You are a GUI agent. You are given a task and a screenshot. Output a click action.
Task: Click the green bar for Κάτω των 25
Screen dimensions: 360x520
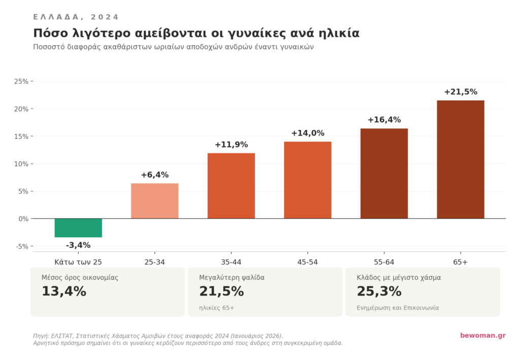click(x=78, y=228)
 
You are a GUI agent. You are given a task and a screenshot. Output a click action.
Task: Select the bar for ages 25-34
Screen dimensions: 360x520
click(x=155, y=201)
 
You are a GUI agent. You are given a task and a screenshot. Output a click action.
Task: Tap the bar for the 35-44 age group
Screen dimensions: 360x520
click(x=231, y=186)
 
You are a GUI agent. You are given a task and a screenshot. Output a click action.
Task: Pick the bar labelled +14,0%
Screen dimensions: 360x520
click(x=308, y=180)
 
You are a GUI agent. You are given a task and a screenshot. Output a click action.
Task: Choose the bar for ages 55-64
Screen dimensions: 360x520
click(x=384, y=173)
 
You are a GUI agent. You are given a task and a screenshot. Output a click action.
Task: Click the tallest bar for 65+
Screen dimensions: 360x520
click(x=461, y=159)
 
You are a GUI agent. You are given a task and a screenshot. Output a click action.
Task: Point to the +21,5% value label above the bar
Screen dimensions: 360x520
click(x=461, y=92)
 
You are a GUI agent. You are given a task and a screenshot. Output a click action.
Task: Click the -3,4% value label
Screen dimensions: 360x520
click(x=78, y=245)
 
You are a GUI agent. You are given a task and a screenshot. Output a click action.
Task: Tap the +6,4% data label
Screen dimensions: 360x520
click(x=155, y=175)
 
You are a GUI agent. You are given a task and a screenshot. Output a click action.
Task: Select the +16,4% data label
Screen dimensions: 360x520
click(x=384, y=120)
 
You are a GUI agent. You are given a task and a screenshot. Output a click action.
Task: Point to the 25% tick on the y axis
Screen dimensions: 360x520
click(x=22, y=81)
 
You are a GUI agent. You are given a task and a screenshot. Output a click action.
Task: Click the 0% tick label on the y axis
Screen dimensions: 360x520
click(x=23, y=219)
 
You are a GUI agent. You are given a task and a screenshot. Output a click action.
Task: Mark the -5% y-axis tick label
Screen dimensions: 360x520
click(x=22, y=246)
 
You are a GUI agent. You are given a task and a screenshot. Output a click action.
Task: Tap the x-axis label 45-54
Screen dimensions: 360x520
click(x=308, y=262)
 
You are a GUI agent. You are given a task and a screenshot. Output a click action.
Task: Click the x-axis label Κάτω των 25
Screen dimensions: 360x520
click(x=78, y=262)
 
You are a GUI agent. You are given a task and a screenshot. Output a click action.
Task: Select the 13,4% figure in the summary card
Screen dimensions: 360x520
click(x=64, y=291)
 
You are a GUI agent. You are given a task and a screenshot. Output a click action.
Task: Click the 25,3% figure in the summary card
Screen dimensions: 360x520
click(x=379, y=291)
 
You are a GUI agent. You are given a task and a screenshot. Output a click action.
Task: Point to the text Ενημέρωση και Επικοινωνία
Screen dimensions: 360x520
click(x=398, y=308)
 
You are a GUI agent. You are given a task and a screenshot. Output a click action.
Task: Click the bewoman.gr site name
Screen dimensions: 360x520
click(x=482, y=336)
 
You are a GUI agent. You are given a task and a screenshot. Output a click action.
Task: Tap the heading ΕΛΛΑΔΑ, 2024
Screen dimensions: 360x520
click(x=76, y=17)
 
